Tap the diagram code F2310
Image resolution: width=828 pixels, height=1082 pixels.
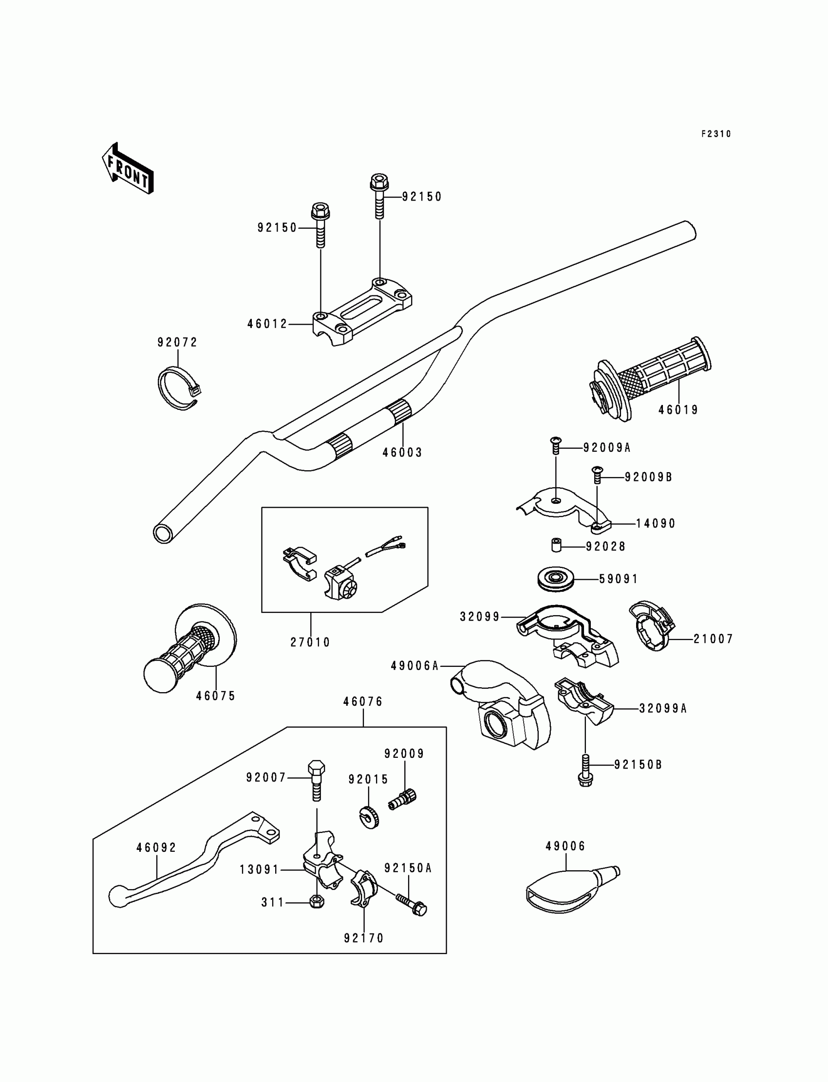(x=716, y=134)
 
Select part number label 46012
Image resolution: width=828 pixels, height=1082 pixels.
(x=267, y=324)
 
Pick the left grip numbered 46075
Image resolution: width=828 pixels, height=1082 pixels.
(x=190, y=648)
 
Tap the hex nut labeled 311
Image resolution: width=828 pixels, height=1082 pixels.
(x=317, y=902)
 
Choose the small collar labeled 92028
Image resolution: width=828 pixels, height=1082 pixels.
(x=556, y=546)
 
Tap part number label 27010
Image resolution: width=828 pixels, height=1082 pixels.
(x=310, y=642)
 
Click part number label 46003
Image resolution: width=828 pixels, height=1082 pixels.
(x=402, y=452)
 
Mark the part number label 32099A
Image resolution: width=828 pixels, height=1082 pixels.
(x=663, y=708)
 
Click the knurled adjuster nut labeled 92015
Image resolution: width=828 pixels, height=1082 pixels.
(x=369, y=818)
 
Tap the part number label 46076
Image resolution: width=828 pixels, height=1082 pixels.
(x=363, y=701)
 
